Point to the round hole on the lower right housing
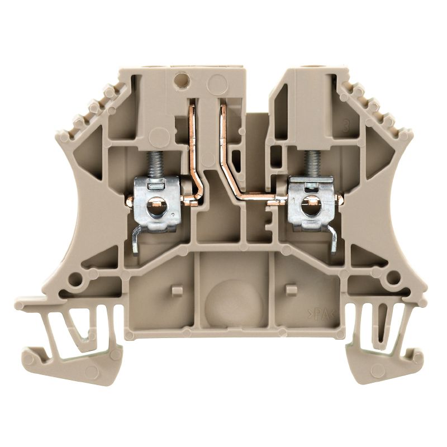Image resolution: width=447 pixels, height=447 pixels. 394,278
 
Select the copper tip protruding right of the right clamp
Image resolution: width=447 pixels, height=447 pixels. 339,199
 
